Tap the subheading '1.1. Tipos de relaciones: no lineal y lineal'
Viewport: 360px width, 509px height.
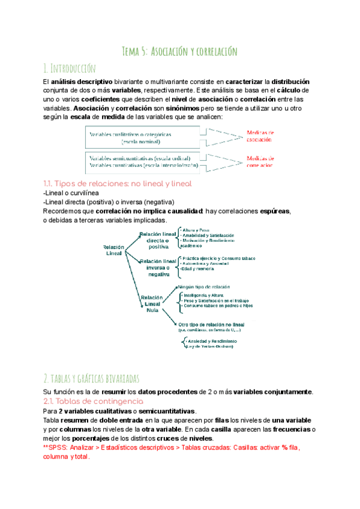117,183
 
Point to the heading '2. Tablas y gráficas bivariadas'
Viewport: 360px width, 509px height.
91,378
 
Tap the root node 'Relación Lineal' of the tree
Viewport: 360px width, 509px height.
113,250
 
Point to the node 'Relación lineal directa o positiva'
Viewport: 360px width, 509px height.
158,239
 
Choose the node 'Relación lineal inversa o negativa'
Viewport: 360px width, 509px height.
158,267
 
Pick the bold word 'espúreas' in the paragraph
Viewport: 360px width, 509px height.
274,211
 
